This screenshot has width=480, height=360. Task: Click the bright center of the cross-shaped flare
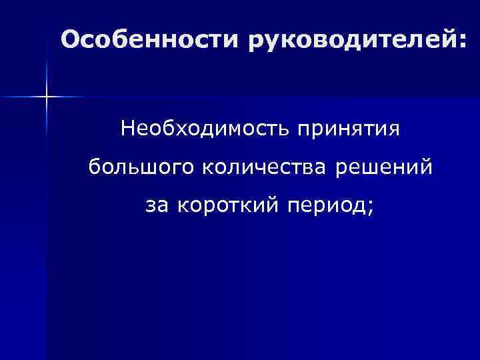[x=46, y=97]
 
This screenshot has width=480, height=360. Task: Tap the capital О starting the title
[x=69, y=39]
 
